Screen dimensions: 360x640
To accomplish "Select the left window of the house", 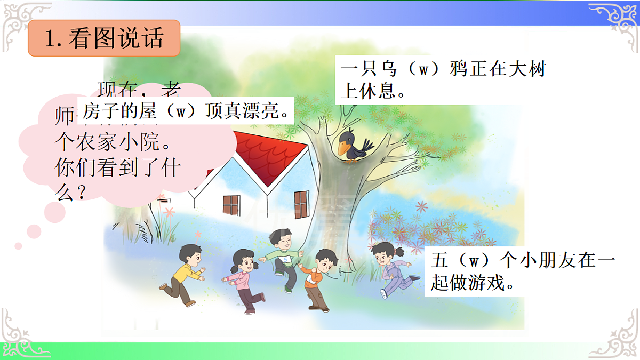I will click(231, 206).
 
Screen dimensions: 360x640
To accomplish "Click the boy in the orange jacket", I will click(318, 277).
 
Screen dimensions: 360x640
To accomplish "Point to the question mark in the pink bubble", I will click(81, 191).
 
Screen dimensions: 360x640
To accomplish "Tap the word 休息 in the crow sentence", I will click(378, 91).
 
